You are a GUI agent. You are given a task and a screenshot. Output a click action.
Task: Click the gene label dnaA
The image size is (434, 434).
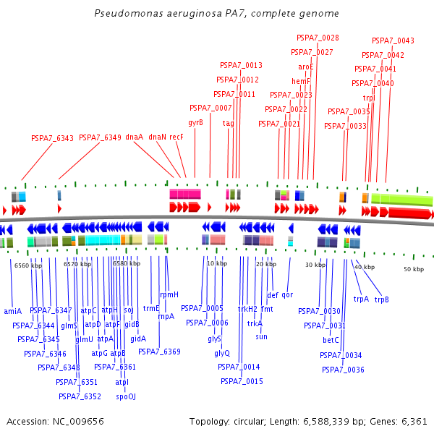[x=134, y=137]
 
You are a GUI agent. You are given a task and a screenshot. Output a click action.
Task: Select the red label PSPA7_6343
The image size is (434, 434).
[x=52, y=138]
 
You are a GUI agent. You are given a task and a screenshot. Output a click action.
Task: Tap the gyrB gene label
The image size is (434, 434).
[x=195, y=123]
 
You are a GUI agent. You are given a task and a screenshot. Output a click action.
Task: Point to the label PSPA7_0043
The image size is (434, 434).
[x=393, y=41]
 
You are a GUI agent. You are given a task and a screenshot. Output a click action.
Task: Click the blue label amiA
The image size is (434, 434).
[x=13, y=311]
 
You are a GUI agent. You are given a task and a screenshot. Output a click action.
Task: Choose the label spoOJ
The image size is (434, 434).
[x=125, y=396]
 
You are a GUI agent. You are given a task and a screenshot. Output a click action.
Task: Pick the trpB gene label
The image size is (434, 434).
[x=381, y=299]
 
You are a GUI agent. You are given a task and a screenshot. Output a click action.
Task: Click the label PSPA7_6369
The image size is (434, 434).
[x=159, y=352]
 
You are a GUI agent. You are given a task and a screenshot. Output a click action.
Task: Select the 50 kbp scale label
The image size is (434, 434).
[x=413, y=269]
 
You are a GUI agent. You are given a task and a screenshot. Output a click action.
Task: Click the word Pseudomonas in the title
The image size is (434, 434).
[x=127, y=14]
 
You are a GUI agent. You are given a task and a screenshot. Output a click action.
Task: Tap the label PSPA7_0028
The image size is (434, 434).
[x=318, y=38]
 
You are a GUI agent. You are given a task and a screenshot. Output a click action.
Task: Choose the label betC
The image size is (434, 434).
[x=331, y=340]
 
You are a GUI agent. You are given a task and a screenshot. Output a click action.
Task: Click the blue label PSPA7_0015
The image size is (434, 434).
[x=242, y=381]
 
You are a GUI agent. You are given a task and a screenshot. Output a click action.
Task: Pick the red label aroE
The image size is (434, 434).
[x=305, y=67]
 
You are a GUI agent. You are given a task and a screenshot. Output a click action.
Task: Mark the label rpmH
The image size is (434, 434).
[x=169, y=294]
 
